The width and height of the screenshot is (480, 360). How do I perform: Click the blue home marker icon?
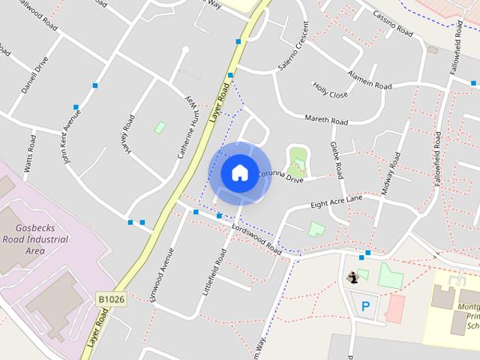[239, 172]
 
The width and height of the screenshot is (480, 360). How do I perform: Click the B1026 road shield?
[110, 299]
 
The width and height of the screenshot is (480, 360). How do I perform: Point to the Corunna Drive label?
[280, 177]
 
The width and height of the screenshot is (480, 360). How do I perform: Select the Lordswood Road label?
[256, 239]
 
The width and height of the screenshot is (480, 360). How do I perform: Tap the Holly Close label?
[330, 91]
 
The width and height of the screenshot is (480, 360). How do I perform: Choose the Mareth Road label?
[326, 119]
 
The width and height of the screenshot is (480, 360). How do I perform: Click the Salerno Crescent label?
[293, 55]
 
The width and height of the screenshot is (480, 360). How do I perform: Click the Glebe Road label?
[337, 159]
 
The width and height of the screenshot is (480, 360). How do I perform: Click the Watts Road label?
[31, 154]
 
